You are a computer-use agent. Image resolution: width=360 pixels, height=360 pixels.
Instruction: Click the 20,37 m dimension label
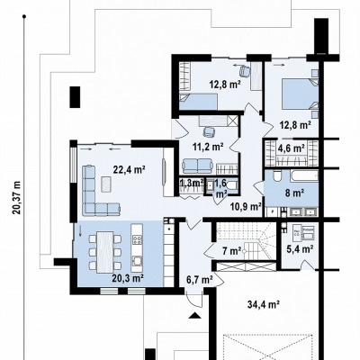point(17,197)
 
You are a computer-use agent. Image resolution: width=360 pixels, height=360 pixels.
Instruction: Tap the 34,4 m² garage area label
point(264,305)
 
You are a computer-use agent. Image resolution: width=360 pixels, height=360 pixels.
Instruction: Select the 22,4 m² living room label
point(129,170)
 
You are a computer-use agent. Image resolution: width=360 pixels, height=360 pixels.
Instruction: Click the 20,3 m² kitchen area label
point(127,278)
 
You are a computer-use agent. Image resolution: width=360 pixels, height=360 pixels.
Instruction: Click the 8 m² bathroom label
point(294,193)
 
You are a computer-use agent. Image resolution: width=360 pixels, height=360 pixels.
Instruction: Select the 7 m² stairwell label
point(232,251)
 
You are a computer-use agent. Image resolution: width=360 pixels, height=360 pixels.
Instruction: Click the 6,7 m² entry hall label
point(200,280)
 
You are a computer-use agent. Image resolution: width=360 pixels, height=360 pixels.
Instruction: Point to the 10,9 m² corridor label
point(246,206)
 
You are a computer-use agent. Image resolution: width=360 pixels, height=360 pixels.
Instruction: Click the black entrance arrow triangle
point(195,315)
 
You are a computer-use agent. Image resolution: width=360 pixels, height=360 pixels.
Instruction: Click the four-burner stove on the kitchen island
point(137,239)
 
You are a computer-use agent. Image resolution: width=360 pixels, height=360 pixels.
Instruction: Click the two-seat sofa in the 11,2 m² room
point(198,166)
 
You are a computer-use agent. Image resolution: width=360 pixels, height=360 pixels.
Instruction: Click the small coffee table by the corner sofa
point(106,184)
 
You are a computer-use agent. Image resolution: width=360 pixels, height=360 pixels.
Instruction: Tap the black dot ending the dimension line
point(24,17)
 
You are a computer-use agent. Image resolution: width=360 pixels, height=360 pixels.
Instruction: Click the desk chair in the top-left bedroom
point(245,71)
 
